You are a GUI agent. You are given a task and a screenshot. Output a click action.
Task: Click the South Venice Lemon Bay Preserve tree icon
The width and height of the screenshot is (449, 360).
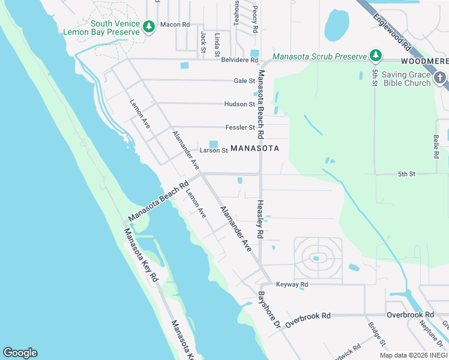tap(149, 25)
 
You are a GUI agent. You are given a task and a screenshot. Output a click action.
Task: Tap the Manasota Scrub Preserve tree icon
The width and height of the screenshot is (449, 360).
tap(376, 56)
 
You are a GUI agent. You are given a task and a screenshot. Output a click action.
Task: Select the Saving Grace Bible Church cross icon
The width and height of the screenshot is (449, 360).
tap(440, 78)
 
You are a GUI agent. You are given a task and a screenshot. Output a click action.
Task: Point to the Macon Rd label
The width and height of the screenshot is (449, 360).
tap(175, 25)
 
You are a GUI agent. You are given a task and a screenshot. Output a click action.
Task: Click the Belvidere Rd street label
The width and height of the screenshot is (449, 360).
tap(239, 60)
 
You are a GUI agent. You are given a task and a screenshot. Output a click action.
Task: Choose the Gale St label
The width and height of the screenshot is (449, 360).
tap(244, 81)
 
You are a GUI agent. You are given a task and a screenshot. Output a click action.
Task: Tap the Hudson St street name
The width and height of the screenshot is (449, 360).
tap(240, 104)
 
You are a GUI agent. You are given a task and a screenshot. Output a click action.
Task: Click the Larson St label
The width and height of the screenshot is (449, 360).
tap(214, 151)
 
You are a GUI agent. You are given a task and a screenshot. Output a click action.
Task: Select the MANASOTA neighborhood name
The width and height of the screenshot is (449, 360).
tap(255, 148)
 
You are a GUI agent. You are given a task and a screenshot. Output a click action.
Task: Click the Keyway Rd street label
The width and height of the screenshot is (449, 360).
tap(292, 284)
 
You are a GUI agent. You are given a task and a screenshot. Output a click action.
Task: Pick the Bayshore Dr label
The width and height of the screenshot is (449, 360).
tap(269, 310)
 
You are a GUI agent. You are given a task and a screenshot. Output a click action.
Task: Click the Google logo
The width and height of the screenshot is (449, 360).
tap(20, 353)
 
